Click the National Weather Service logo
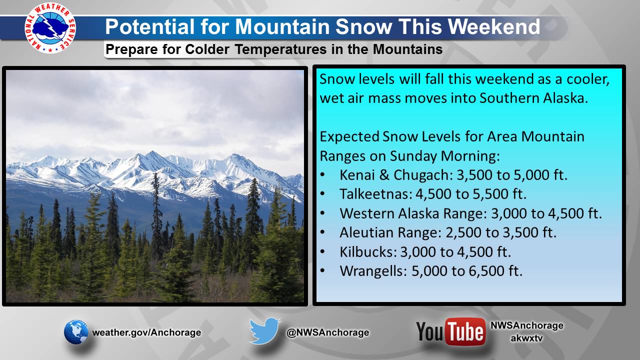tap(50, 28)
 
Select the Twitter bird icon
tap(264, 330)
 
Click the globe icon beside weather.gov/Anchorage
tap(76, 332)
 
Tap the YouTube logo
tap(451, 331)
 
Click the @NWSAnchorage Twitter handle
tap(327, 332)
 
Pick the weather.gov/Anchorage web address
tap(146, 332)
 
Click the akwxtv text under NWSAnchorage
tap(526, 338)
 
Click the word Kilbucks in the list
tap(368, 251)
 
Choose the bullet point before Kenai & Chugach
tap(323, 175)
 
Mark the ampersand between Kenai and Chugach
tap(384, 175)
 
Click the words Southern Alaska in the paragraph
tap(533, 98)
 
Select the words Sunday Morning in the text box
tap(444, 156)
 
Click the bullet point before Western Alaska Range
tap(323, 213)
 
